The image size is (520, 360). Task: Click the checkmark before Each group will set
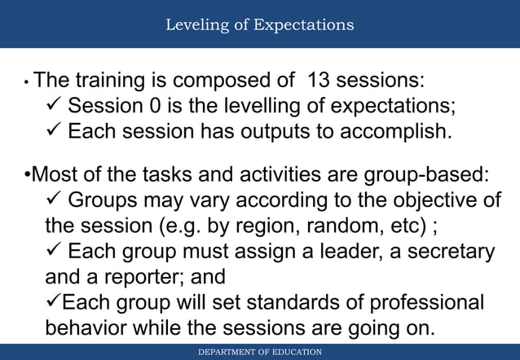[x=53, y=303]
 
